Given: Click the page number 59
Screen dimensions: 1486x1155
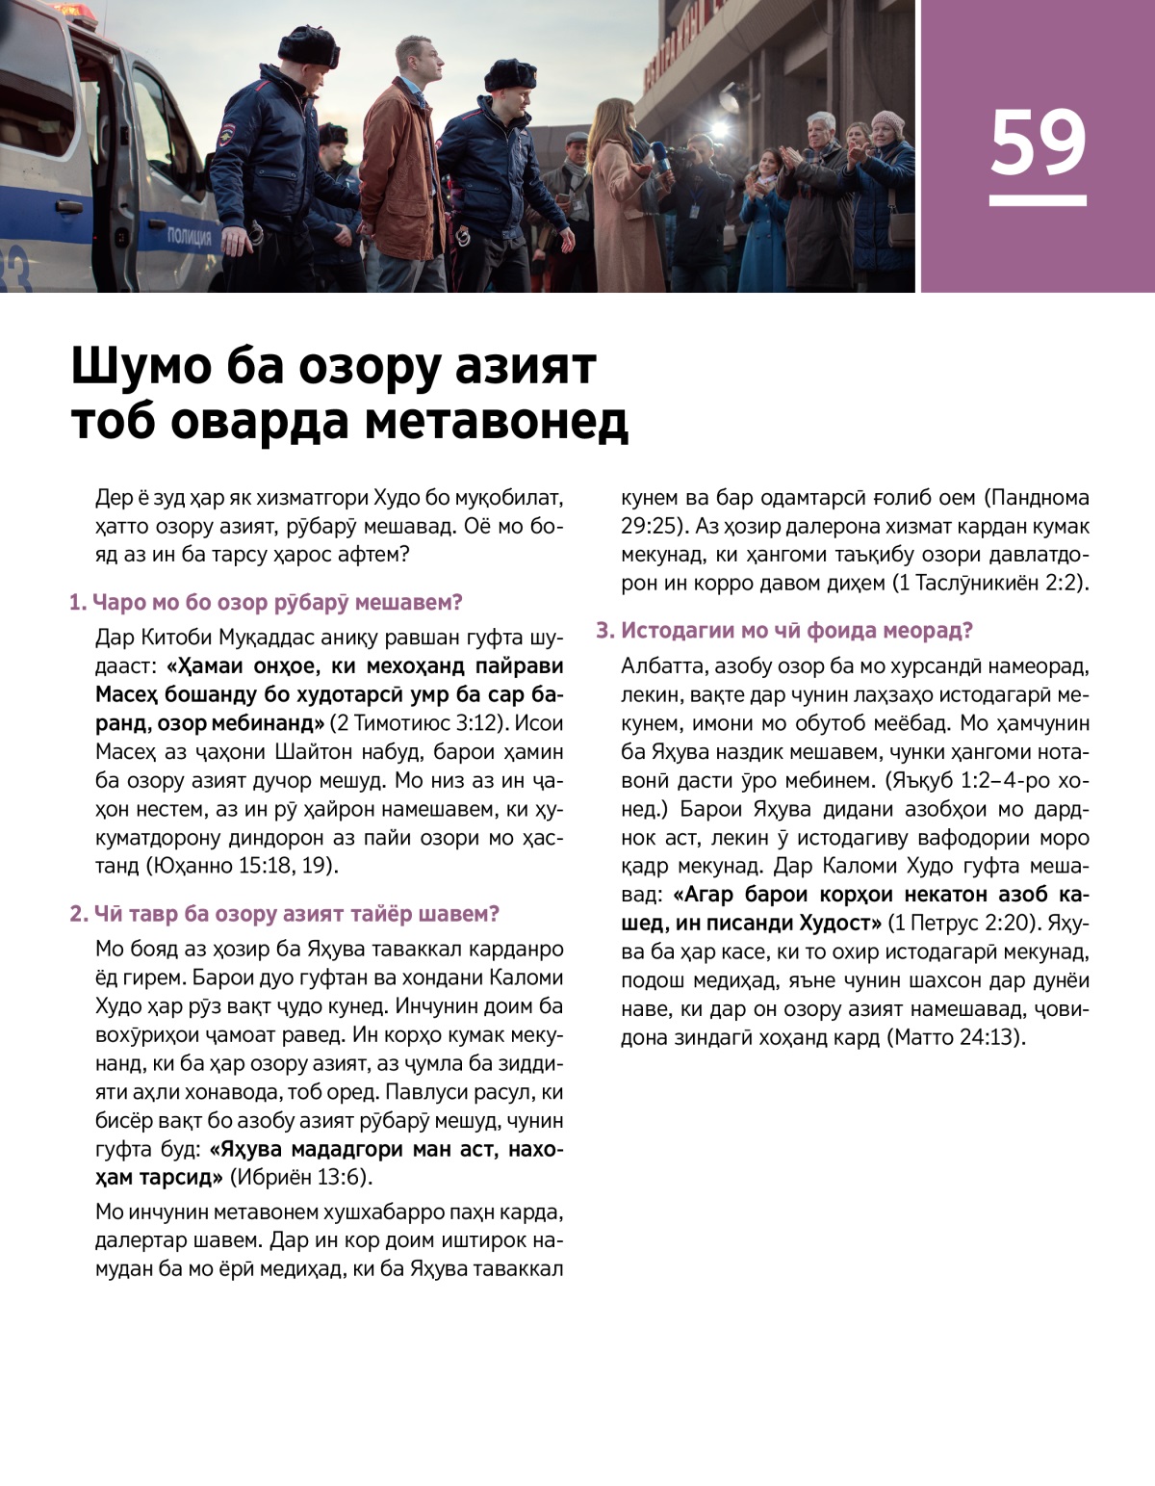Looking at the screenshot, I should tap(1038, 143).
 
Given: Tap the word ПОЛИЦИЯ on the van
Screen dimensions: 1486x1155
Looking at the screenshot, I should tap(189, 237).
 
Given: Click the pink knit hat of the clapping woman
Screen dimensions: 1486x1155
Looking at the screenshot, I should tap(886, 122).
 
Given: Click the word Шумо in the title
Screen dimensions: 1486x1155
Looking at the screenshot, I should tap(140, 367).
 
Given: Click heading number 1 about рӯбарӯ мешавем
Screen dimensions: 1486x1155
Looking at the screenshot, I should tap(266, 603).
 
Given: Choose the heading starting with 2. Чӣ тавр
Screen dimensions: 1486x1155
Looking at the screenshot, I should tap(284, 914).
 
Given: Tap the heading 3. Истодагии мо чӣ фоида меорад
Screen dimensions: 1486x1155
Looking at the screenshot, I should tap(784, 631).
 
